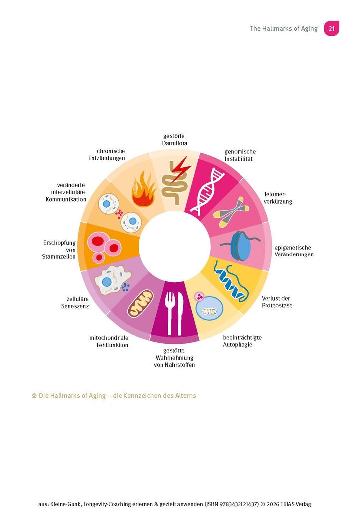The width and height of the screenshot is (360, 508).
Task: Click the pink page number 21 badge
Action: pos(331,28)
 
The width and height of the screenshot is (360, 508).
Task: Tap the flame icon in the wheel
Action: pos(143,190)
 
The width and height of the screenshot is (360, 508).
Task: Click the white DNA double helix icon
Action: pos(208,191)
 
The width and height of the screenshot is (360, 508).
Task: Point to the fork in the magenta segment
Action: pos(169,313)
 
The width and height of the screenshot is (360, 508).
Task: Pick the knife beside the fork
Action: pos(180,313)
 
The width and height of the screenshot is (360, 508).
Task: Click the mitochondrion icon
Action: pos(140,304)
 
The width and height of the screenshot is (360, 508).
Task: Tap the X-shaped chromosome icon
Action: pos(232,212)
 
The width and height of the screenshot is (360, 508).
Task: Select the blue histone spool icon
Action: pos(240,246)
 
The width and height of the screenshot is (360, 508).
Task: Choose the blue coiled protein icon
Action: pos(233,281)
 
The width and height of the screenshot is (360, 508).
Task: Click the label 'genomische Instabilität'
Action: pos(240,155)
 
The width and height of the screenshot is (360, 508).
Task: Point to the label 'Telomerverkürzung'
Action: pos(278,198)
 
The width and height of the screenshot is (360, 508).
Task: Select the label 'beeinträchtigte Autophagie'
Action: pos(242,341)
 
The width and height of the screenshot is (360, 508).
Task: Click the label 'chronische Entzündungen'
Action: pos(107,154)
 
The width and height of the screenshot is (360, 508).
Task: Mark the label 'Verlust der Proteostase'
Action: pos(277,302)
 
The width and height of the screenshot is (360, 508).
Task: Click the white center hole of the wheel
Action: pos(175,246)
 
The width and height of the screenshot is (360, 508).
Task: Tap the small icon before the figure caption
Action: pos(34,396)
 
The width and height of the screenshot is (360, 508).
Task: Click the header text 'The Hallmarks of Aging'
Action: pos(283,28)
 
